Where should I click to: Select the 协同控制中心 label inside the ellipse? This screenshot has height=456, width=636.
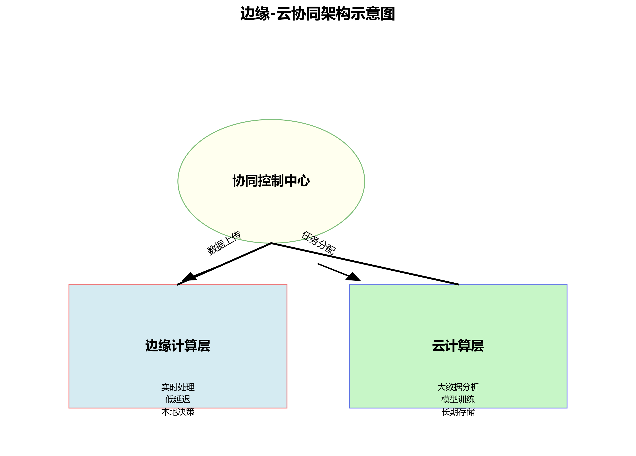(x=271, y=181)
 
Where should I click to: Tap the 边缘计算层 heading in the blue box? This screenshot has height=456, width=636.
(x=178, y=346)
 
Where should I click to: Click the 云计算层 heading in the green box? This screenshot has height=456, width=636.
(x=458, y=346)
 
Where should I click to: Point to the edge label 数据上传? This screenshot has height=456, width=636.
(x=224, y=243)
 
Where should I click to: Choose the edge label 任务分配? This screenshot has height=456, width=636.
(x=319, y=243)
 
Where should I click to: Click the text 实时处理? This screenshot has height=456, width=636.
(x=178, y=387)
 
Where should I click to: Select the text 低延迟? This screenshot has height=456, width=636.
(x=178, y=399)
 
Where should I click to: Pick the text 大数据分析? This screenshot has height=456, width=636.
(x=458, y=387)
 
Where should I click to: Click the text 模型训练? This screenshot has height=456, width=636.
(x=458, y=399)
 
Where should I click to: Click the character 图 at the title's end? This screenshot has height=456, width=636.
(x=388, y=14)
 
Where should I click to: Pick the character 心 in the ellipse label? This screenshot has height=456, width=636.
(x=304, y=181)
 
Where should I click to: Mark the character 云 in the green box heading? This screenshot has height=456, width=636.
(x=439, y=346)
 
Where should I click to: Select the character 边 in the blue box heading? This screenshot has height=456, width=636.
(x=152, y=346)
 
